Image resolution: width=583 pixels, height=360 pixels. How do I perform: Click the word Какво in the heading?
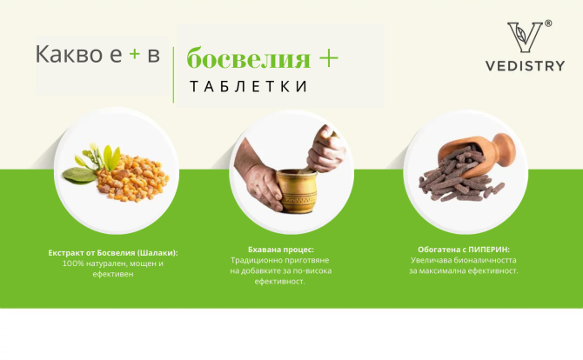(66, 55)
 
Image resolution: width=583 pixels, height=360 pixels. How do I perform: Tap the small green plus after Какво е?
(134, 54)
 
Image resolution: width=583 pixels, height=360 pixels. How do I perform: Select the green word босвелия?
(249, 59)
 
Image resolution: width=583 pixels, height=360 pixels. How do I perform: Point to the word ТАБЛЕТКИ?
(247, 86)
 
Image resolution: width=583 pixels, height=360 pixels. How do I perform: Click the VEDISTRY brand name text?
(525, 66)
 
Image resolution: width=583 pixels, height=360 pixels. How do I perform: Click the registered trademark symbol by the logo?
(547, 23)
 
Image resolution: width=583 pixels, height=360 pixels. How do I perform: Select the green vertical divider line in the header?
(173, 74)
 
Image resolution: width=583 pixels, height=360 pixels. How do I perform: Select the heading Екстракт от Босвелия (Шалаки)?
(118, 253)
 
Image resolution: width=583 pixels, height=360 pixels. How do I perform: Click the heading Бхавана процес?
(280, 249)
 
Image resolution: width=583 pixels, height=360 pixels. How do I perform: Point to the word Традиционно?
(258, 259)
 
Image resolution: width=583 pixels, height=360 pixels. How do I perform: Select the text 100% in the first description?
(74, 263)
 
